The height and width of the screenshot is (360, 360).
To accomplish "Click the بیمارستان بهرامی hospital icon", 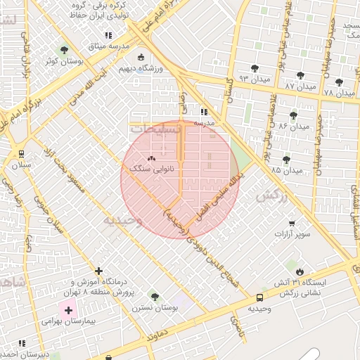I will coord(68,309).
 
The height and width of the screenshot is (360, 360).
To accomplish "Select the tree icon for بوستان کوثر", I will coord(65,50).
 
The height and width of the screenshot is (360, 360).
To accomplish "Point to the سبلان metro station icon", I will coord(21,154).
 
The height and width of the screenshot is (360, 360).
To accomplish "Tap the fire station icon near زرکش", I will coord(300,271).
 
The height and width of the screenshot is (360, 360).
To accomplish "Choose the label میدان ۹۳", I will coord(255,78).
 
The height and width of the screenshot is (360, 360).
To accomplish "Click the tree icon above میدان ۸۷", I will coord(300,75).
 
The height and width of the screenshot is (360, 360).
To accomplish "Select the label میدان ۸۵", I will coord(286,170).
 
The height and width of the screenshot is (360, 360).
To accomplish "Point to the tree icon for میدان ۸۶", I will coord(293,115).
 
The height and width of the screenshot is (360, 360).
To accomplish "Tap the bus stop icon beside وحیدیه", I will coord(260,298).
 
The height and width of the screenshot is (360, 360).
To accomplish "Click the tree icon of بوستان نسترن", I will coord(155,297).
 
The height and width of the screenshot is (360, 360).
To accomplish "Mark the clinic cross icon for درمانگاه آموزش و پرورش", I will coord(98,271).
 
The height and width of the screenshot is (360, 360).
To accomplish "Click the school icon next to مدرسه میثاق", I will coord(108,35).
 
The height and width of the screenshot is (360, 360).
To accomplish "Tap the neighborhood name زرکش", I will coord(272,196).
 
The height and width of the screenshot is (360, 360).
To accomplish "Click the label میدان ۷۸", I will coord(340,92).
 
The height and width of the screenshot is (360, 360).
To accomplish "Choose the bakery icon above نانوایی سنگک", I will coord(152,158).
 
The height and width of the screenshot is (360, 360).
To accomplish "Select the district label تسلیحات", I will coord(156,130).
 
